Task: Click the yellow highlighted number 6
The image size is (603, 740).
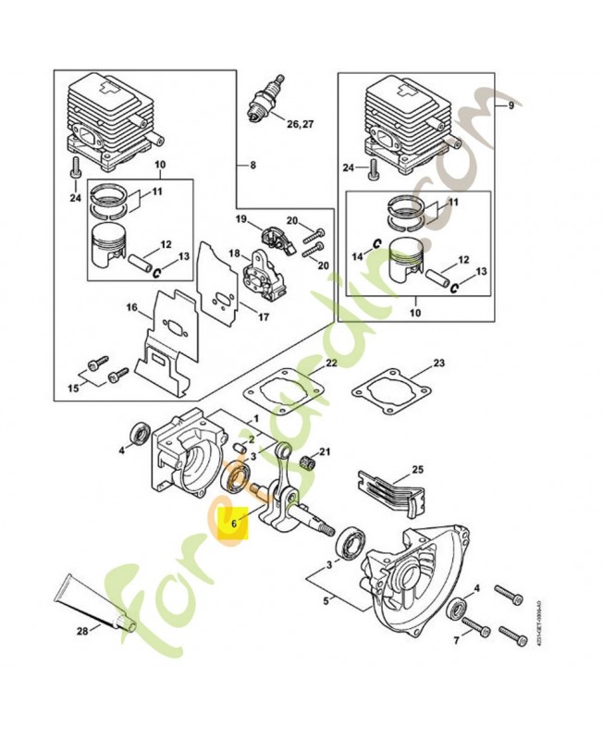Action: [235, 523]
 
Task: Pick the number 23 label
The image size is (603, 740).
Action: [438, 363]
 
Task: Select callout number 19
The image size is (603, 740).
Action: [240, 219]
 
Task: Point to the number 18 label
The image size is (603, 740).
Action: [234, 253]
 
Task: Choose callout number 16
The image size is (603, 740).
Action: [132, 307]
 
